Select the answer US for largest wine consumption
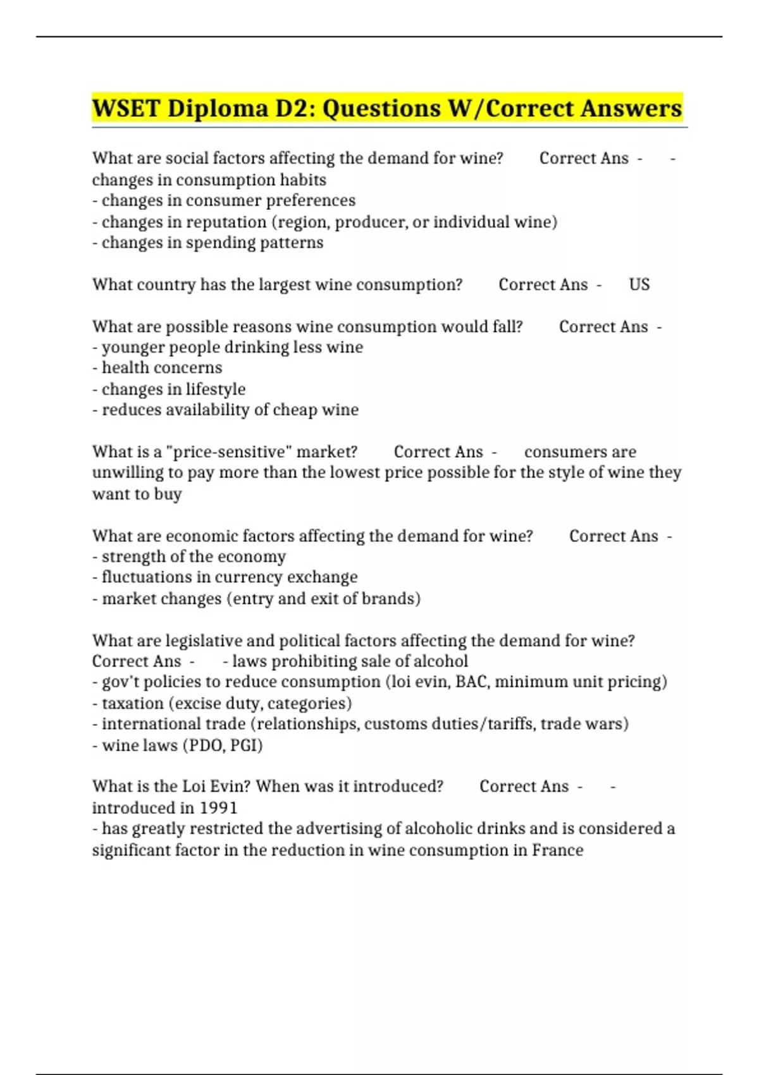[x=639, y=285]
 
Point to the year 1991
[x=218, y=808]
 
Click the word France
[x=557, y=850]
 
